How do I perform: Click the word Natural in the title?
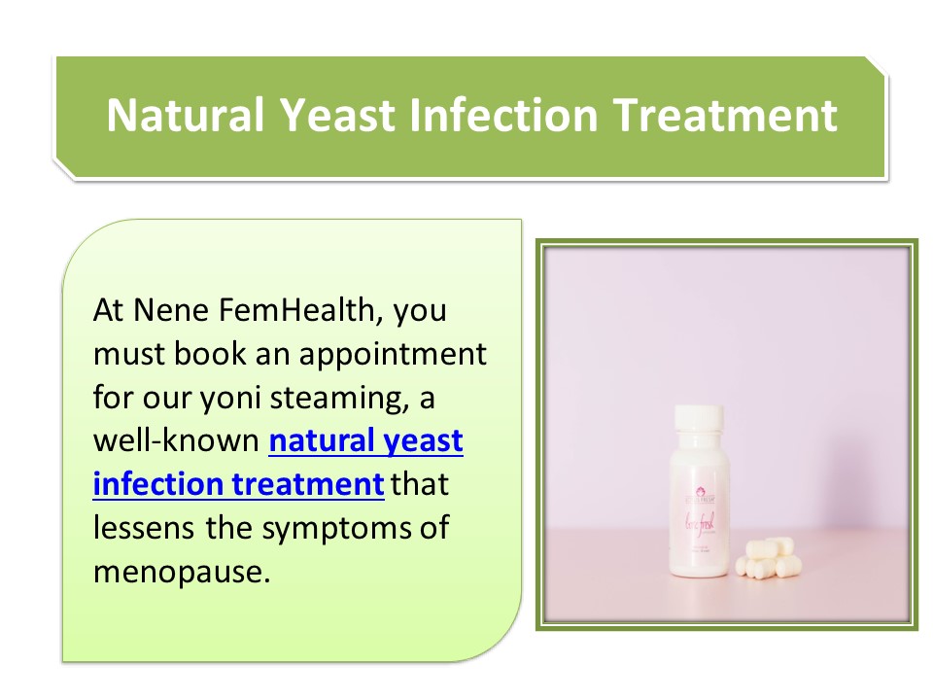185,115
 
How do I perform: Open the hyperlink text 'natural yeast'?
365,441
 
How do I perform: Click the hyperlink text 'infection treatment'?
238,484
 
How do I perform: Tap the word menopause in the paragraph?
178,570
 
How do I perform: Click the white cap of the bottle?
700,419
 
